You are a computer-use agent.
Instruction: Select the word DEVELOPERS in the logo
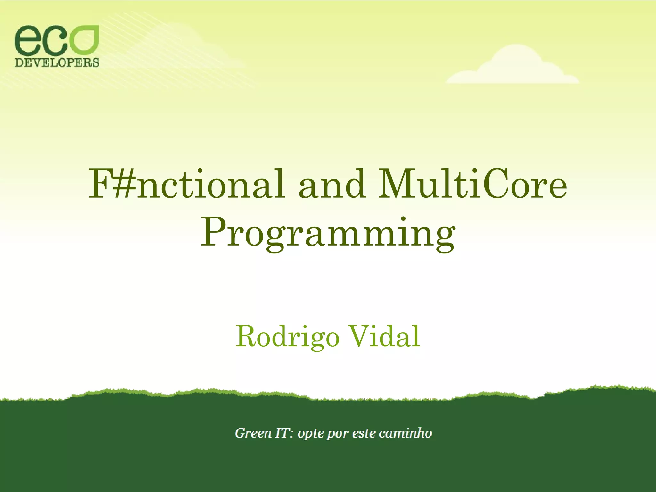[57, 62]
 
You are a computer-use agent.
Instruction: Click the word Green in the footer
[253, 433]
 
